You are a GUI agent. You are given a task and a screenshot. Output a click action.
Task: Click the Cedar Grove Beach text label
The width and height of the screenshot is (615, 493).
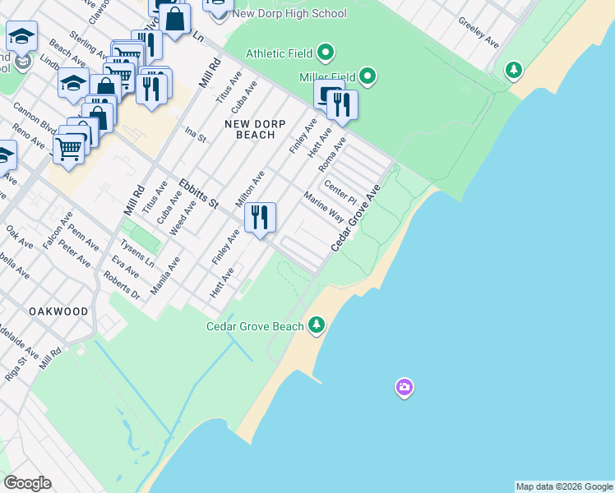254,326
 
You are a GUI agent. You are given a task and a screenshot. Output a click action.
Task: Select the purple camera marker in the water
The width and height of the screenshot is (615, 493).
404,387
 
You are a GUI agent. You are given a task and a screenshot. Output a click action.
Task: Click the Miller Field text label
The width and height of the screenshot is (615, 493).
327,77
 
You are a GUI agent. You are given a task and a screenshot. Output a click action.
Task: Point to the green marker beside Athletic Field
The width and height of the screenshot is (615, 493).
326,54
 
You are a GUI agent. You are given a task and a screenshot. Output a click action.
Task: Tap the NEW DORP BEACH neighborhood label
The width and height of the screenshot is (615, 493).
255,129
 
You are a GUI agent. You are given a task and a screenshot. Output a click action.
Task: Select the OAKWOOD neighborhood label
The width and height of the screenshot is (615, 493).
58,312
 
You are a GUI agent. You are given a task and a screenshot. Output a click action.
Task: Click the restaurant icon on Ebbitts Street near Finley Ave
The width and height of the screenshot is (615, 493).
260,218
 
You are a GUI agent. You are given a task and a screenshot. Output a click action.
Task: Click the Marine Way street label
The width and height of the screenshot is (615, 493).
323,208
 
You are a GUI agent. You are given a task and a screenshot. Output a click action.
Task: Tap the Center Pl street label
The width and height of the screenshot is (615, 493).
340,193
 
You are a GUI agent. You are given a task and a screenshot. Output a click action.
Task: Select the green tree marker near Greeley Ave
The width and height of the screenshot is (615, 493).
514,70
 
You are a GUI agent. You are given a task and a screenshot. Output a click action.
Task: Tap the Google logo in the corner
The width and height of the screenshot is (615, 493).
27,483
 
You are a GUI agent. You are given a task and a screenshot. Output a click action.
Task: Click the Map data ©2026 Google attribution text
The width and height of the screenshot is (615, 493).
564,486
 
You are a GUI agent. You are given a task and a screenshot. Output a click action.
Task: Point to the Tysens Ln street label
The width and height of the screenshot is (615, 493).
137,253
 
